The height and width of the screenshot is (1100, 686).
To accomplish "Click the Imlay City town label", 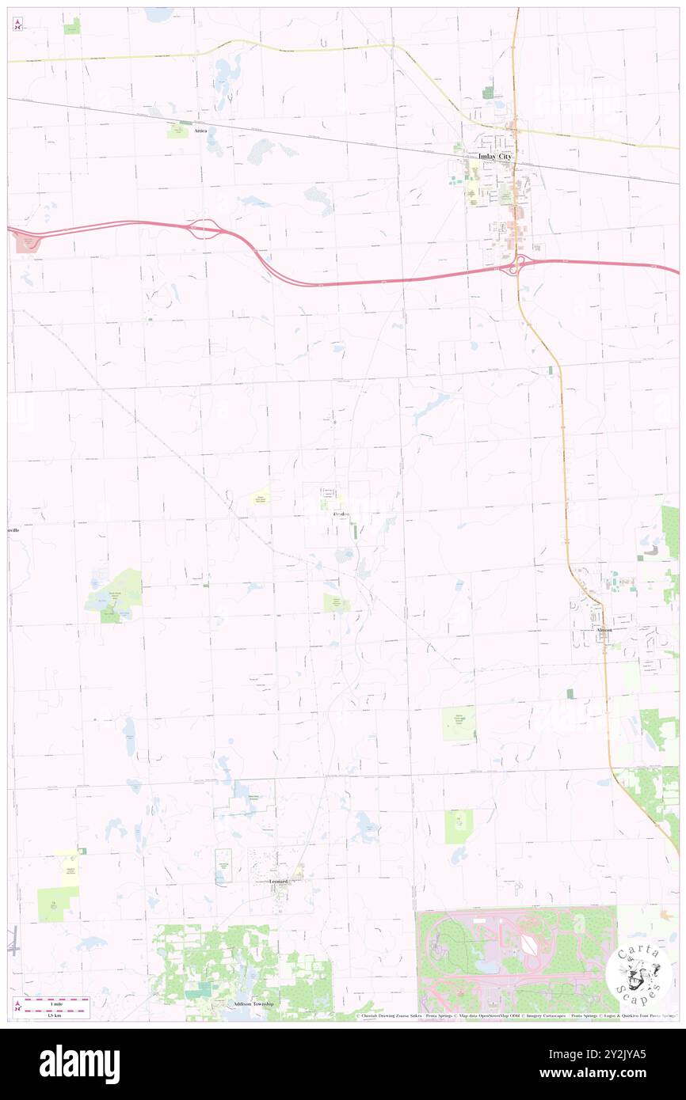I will click(495, 157).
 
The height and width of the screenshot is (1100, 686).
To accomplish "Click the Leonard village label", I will click(278, 881).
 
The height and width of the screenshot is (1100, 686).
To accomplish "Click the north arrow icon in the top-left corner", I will click(17, 25).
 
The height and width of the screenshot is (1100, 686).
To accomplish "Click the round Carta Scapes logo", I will click(638, 972).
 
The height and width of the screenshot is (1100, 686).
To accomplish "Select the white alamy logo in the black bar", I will click(79, 1064).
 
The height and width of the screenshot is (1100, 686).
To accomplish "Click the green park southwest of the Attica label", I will click(177, 131).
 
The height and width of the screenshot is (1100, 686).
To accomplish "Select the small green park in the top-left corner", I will click(72, 26).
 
